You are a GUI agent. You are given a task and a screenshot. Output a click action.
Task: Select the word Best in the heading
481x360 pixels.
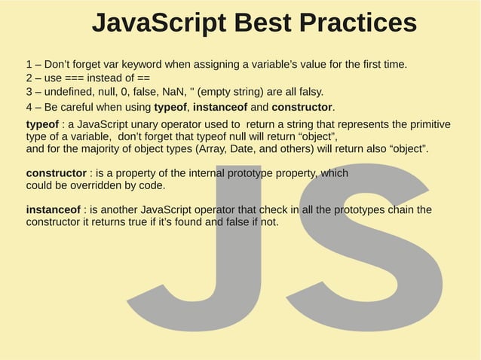pyautogui.click(x=259, y=23)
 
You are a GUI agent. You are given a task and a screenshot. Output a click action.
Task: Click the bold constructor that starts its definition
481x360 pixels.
pyautogui.click(x=56, y=173)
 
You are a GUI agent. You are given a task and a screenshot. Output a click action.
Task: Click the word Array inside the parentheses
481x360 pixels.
pyautogui.click(x=211, y=149)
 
